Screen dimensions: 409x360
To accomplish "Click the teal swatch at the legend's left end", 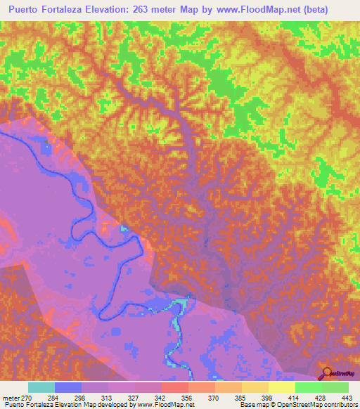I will (41, 387).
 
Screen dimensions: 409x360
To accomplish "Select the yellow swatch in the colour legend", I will (281, 387).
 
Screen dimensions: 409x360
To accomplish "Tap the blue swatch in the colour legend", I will (68, 387).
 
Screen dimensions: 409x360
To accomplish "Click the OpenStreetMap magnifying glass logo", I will (326, 372).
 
